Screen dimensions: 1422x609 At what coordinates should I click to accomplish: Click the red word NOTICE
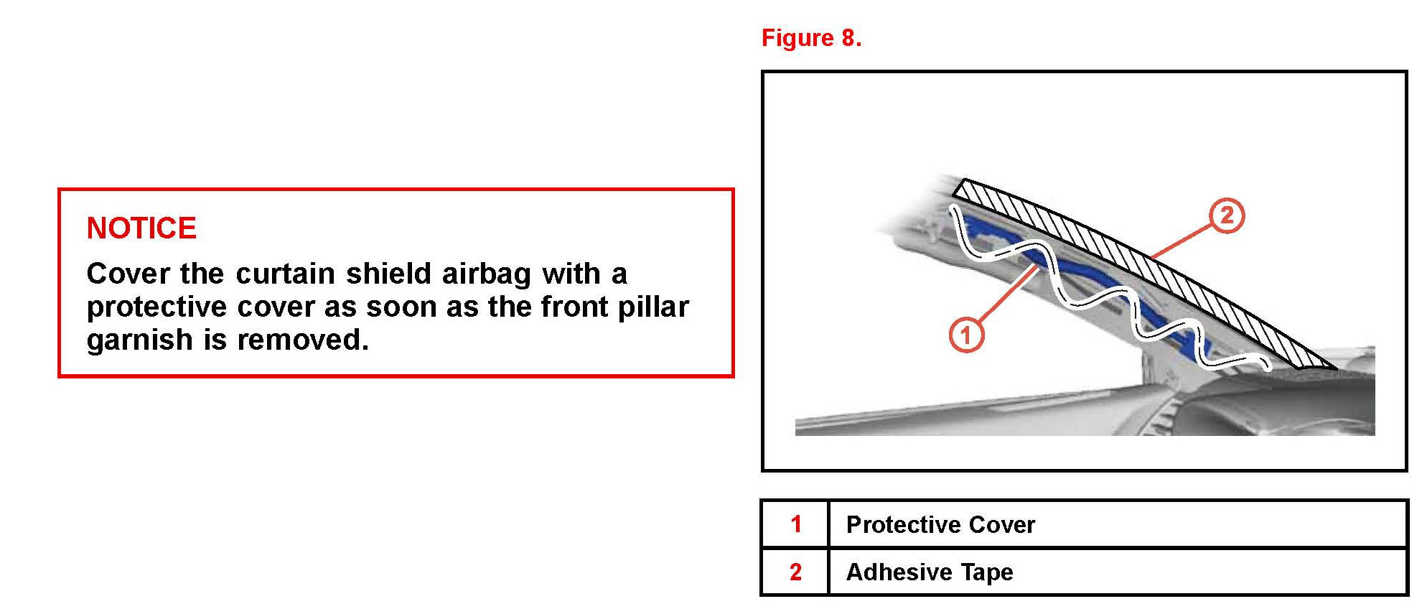(x=141, y=228)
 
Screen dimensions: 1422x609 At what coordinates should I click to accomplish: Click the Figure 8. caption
(x=811, y=38)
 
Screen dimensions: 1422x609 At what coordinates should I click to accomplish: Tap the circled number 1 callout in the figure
(x=966, y=335)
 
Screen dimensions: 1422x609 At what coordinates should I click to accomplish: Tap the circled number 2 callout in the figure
(x=1227, y=215)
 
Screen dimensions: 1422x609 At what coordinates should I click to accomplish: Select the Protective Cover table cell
(x=1117, y=524)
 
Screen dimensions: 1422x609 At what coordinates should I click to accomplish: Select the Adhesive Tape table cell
(x=1117, y=572)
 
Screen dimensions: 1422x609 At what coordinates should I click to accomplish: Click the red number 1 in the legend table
(x=795, y=524)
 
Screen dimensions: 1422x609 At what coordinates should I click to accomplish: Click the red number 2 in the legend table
(x=795, y=572)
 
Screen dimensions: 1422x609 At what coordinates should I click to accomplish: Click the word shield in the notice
(x=388, y=274)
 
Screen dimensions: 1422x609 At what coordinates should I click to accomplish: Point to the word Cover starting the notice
(x=128, y=274)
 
